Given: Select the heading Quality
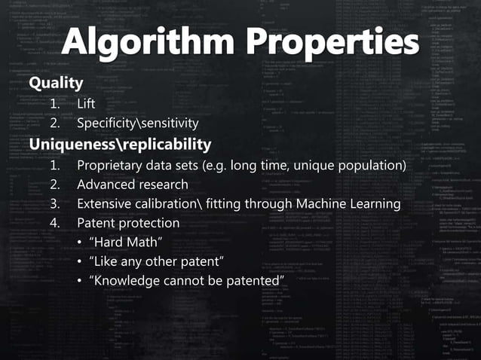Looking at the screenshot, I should [55, 82].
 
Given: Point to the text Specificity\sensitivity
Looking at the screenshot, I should [138, 123].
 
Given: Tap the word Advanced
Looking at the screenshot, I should [106, 185].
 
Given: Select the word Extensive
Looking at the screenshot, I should [105, 204].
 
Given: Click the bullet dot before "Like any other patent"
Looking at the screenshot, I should [80, 262].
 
